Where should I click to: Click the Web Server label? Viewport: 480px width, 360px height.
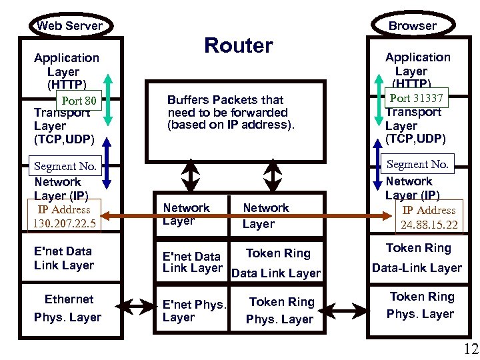(x=69, y=26)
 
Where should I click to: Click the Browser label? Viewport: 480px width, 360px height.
(x=412, y=26)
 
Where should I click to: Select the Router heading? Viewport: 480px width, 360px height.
(x=238, y=45)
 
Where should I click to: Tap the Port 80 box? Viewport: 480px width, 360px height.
(x=79, y=102)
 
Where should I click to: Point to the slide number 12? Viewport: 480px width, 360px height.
(x=471, y=348)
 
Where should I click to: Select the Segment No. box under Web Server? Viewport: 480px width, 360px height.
(x=65, y=166)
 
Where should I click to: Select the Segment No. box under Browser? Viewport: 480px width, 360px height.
(x=417, y=164)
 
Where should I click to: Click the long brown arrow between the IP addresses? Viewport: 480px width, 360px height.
(x=247, y=216)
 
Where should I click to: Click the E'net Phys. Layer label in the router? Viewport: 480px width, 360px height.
(x=194, y=311)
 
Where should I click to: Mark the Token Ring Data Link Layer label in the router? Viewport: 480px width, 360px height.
(x=277, y=263)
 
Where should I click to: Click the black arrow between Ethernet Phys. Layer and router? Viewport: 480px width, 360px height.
(x=139, y=308)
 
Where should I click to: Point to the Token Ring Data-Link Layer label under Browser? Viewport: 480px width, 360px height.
(x=417, y=258)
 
